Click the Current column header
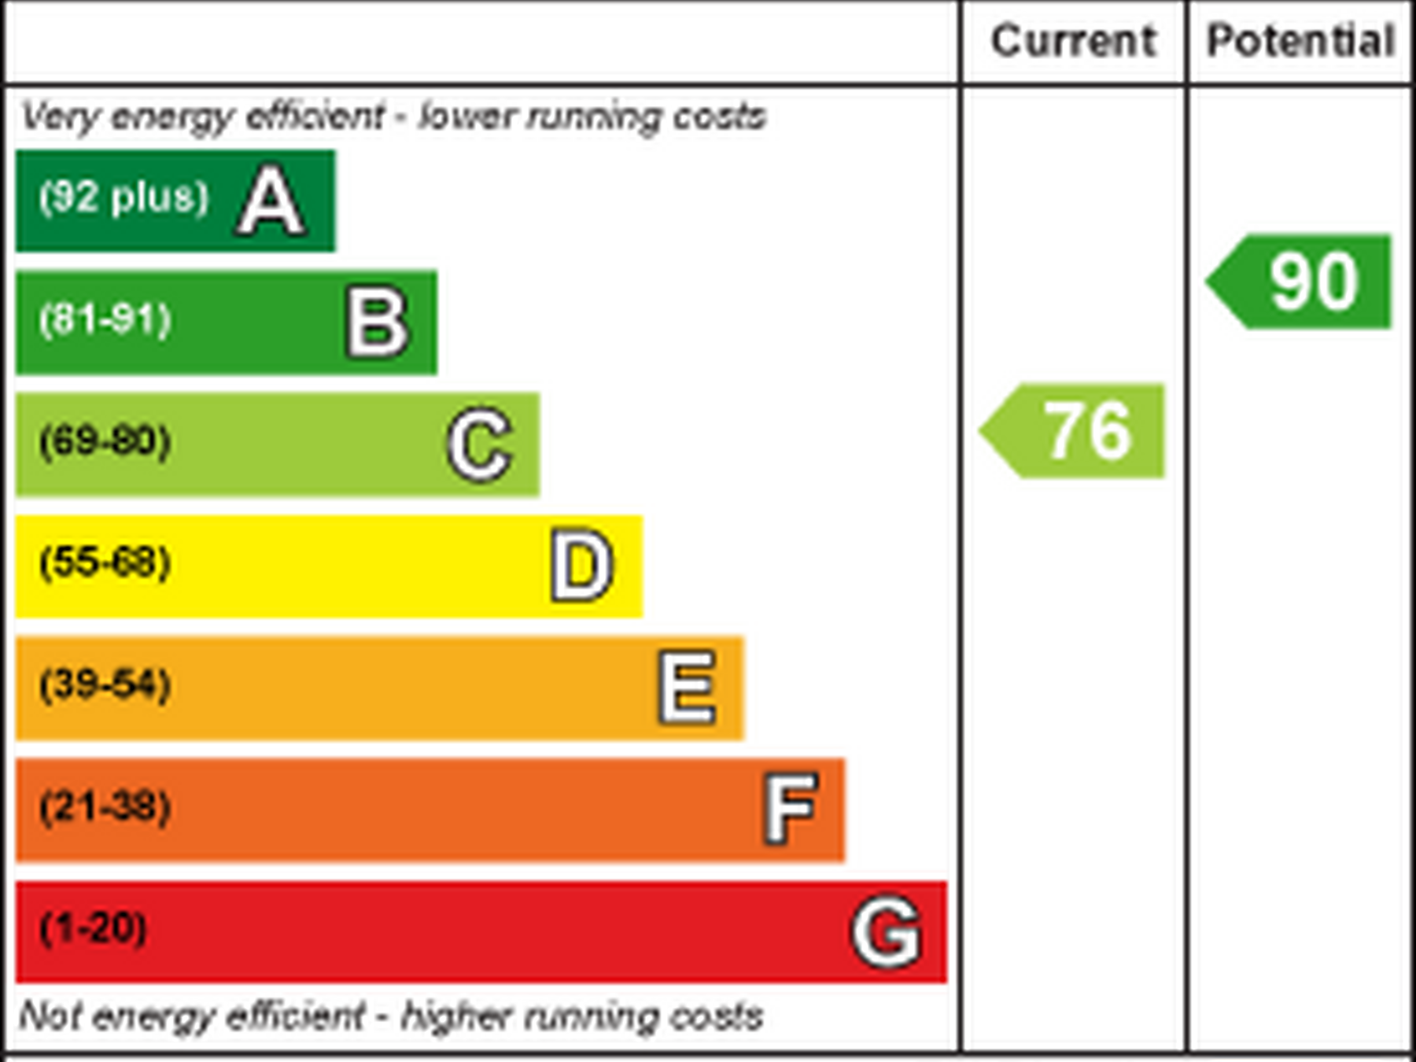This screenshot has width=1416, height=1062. coord(1073,41)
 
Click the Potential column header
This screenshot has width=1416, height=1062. coord(1300,41)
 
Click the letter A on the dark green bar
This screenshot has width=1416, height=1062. coord(271,201)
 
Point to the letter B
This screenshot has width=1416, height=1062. coord(378,323)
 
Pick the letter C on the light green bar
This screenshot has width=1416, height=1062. coord(480,444)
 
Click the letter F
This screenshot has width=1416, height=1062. coord(791,809)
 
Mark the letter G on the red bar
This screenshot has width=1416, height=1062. coord(887,932)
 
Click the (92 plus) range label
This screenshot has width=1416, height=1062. coord(124,197)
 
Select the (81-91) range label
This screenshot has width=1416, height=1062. coord(105,319)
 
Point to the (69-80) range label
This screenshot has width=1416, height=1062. coord(105,441)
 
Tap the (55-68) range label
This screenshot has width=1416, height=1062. coord(105,563)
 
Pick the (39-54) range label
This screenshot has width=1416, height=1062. coord(105,685)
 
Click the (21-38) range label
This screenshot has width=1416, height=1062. coord(105,807)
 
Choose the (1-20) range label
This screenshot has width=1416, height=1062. coord(94,929)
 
